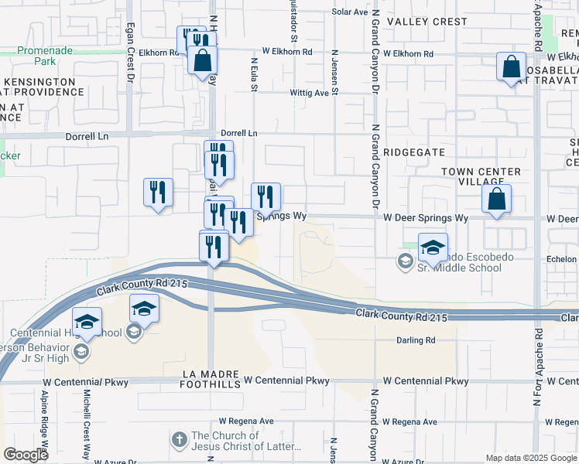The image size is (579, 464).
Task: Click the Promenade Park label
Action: [x=46, y=56]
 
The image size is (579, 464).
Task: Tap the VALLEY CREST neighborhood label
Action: [x=427, y=22]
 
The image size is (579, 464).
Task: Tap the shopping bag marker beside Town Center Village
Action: [x=496, y=199]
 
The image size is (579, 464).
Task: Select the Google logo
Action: [x=26, y=455]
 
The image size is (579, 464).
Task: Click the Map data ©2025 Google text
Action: [x=531, y=458]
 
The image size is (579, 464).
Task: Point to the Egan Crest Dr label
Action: [x=131, y=62]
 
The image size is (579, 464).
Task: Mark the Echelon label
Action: [x=560, y=259]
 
